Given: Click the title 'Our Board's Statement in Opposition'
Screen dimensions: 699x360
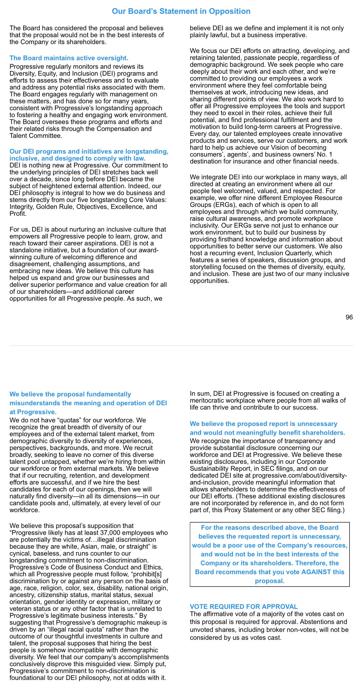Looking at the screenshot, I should (181, 11).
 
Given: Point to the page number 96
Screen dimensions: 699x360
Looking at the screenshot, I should (349, 317).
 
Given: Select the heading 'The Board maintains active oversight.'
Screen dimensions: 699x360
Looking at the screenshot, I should (69, 58).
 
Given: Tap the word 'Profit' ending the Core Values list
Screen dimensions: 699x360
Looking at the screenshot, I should (17, 213).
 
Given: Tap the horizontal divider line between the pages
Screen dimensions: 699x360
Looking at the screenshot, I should (181, 345).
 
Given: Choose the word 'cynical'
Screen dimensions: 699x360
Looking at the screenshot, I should (20, 553).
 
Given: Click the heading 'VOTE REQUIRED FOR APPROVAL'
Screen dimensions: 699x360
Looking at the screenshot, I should (244, 607).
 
